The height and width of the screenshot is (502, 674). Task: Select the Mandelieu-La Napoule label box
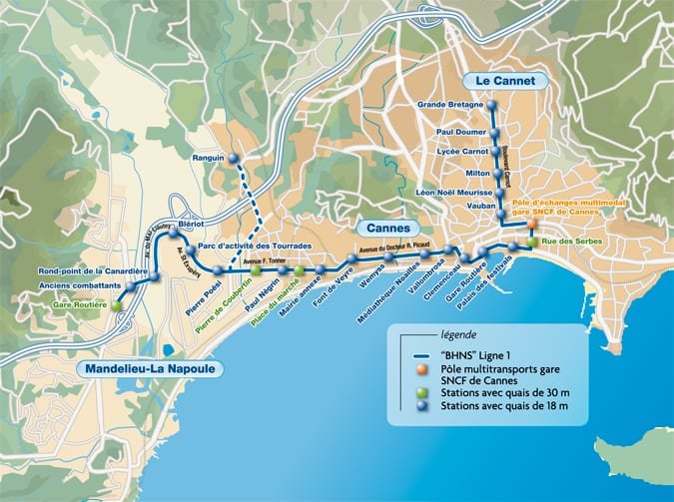click(x=150, y=368)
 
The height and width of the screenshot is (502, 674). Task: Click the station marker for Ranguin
click(x=234, y=158)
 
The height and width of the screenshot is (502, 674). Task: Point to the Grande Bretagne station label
click(x=450, y=104)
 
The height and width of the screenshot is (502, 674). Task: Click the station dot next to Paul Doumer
click(x=494, y=132)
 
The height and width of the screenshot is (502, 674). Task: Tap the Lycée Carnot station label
click(x=461, y=152)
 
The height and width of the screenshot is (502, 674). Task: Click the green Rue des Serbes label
click(x=565, y=241)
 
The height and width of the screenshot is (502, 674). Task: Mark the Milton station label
click(x=478, y=173)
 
